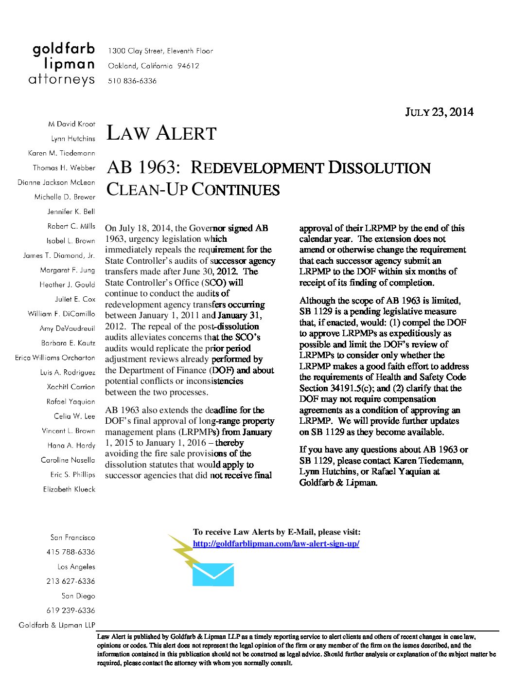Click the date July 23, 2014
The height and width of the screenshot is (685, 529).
[x=439, y=112]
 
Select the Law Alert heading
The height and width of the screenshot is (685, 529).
[x=161, y=133]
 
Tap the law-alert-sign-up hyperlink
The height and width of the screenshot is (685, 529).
[x=276, y=544]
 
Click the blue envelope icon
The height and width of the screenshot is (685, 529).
[x=213, y=575]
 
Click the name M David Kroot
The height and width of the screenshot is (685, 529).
[x=71, y=124]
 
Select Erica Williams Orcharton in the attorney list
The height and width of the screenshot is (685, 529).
[x=55, y=358]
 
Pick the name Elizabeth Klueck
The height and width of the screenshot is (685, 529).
[x=69, y=489]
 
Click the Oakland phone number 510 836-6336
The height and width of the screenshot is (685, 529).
[x=132, y=81]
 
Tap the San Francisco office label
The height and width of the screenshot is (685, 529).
[x=72, y=538]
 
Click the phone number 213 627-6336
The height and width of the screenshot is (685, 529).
[x=71, y=581]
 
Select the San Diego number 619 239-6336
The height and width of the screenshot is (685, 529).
[x=71, y=611]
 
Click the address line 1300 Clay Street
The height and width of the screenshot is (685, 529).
[x=160, y=51]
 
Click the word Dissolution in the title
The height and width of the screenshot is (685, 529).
[x=379, y=168]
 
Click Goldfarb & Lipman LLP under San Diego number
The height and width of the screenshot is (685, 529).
[x=57, y=625]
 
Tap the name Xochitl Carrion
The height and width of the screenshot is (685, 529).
[x=71, y=387]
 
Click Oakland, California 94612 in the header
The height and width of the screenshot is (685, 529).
[x=153, y=66]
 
